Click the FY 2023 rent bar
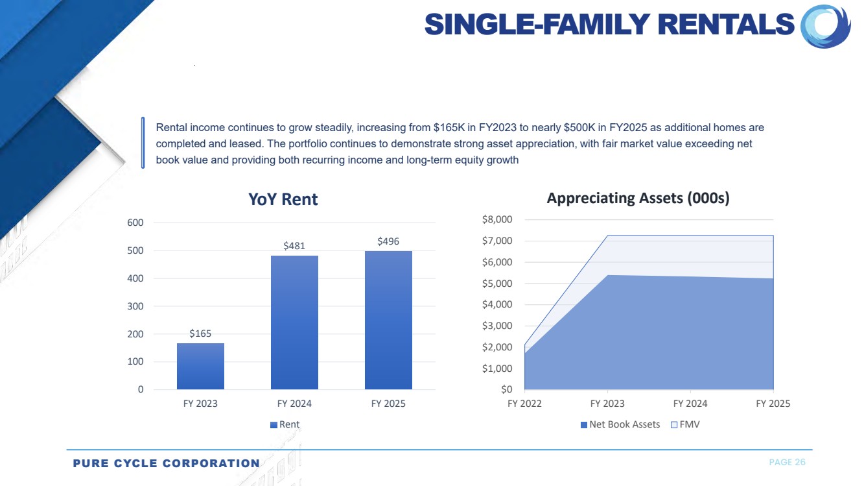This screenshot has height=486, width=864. [x=200, y=366]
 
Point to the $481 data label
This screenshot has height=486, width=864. [x=294, y=246]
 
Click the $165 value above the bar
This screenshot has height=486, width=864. [x=200, y=334]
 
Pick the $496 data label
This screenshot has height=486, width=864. [x=388, y=241]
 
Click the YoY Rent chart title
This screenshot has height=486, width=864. [x=283, y=199]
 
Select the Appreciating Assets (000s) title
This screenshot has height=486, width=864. [x=638, y=199]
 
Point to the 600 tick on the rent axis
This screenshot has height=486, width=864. [x=135, y=223]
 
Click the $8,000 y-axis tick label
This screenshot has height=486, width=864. [x=497, y=220]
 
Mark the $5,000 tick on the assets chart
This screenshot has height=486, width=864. [x=497, y=284]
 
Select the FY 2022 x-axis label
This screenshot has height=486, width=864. [x=524, y=404]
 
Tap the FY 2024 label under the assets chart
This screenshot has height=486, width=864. [x=690, y=404]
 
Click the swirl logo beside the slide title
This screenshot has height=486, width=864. [x=825, y=26]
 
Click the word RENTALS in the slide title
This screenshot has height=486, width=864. [x=726, y=25]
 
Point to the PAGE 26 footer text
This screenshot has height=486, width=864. [x=787, y=462]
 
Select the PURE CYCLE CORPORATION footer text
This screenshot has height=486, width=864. [x=166, y=463]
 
